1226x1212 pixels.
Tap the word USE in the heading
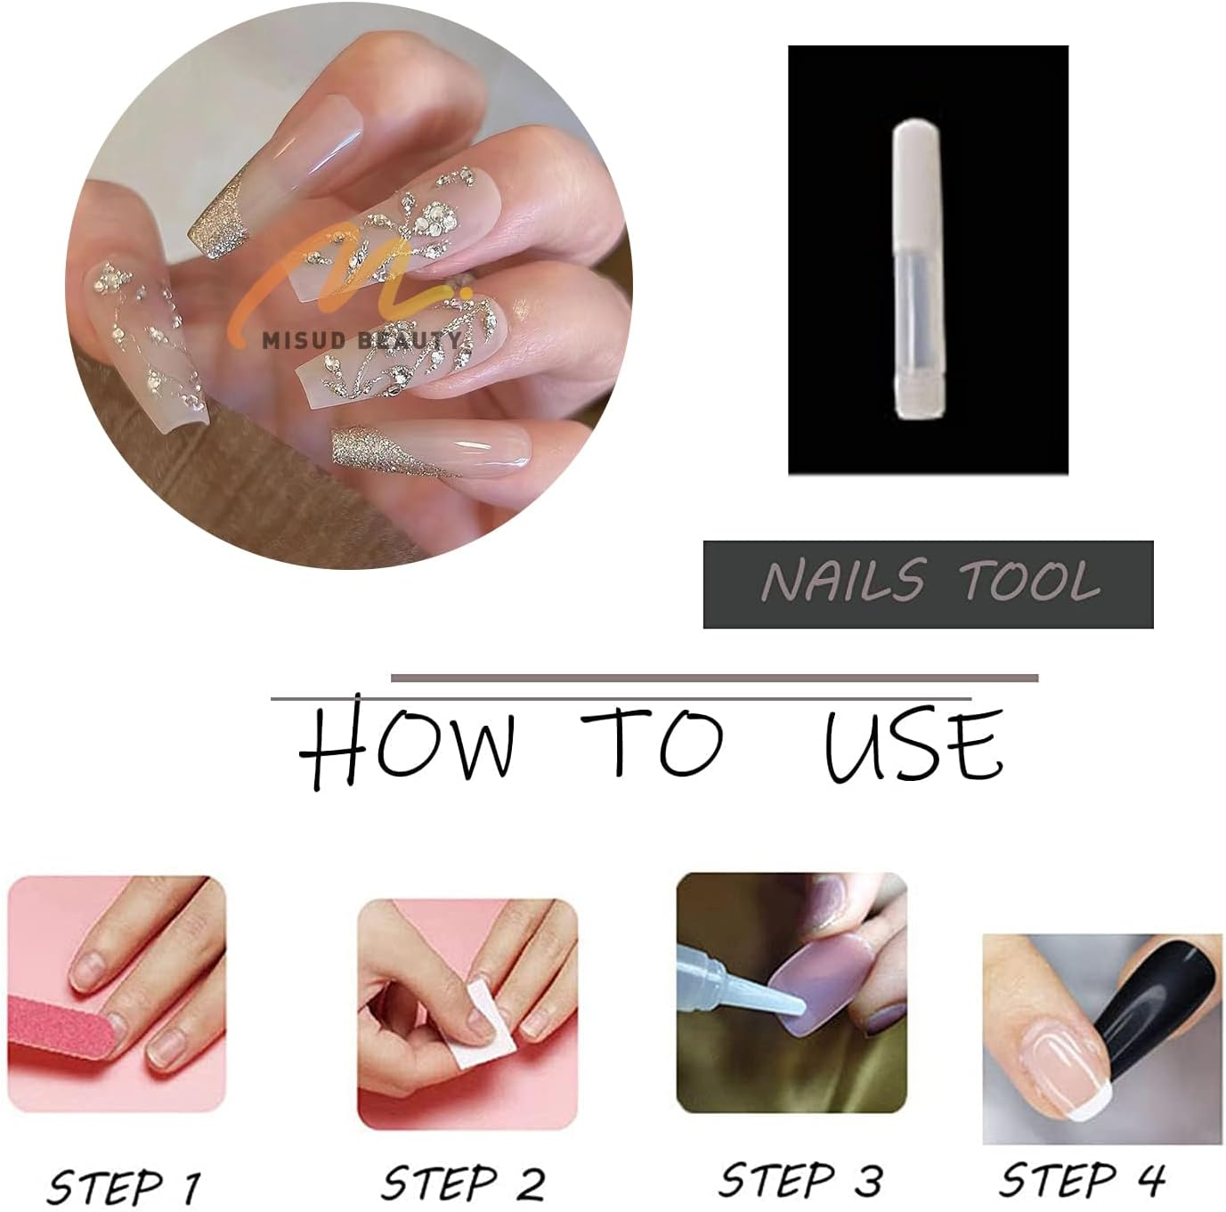(x=913, y=746)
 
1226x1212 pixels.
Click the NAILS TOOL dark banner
(x=928, y=584)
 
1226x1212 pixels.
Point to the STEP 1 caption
(x=123, y=1185)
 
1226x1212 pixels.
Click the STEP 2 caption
(x=463, y=1184)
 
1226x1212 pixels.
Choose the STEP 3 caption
(x=800, y=1180)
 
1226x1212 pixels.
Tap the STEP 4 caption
(x=1081, y=1180)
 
